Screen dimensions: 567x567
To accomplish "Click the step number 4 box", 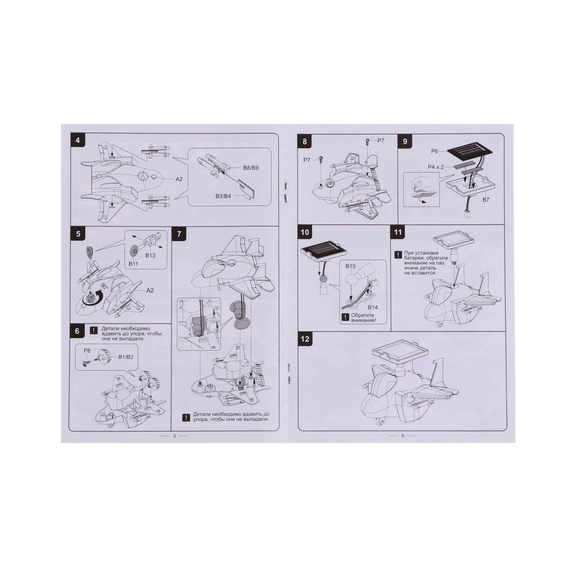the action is click(78, 140).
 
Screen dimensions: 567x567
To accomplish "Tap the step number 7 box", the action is click(179, 234).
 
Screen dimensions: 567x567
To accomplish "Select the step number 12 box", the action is click(305, 339).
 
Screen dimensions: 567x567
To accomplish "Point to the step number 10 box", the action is click(305, 232).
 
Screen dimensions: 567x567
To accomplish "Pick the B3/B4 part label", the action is click(223, 196).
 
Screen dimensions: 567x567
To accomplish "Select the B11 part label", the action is click(133, 263).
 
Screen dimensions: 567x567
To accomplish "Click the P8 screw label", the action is click(87, 350).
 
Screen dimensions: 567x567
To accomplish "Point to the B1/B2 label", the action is click(126, 357).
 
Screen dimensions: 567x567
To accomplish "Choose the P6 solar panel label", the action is click(434, 151).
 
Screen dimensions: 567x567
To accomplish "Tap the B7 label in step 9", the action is click(485, 200).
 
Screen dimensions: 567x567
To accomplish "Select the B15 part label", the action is click(351, 266).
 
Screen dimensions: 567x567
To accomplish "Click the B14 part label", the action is click(373, 307).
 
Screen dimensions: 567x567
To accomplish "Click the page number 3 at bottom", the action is click(174, 436).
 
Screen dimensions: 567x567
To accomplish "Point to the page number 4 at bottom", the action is click(402, 436).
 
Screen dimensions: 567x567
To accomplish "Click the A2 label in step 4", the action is click(179, 179).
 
